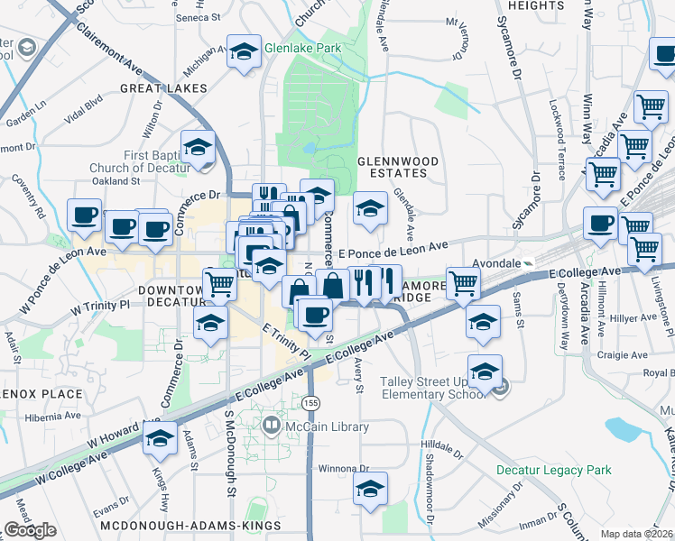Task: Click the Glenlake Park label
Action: (302, 48)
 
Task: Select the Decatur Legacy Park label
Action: (553, 470)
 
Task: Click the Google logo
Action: (30, 531)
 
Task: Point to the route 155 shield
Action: (312, 402)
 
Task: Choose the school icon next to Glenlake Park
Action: (243, 52)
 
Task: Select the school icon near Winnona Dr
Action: (370, 490)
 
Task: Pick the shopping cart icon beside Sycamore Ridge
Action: (463, 283)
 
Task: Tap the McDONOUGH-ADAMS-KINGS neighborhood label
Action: (190, 525)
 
